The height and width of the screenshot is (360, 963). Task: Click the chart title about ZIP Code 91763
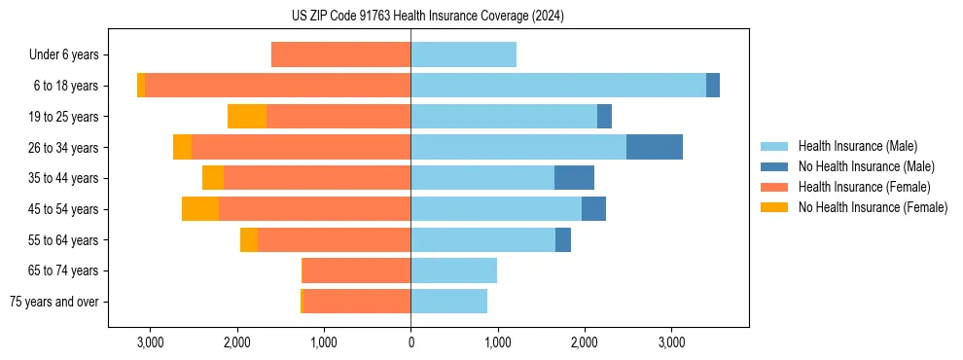pos(427,16)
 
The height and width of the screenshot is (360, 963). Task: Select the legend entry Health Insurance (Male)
pos(857,146)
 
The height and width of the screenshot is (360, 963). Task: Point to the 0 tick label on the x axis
pos(410,342)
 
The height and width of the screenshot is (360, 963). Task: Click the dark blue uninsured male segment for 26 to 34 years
pos(655,147)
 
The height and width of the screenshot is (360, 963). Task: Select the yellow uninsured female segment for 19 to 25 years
pos(247,117)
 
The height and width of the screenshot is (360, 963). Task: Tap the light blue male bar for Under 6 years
pos(463,54)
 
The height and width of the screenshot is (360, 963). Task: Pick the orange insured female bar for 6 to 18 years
pos(277,86)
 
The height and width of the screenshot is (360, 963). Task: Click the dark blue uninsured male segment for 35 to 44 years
pos(574,178)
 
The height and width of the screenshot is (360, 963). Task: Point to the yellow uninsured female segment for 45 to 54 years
pos(200,209)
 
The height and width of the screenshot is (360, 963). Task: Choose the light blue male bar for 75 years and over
pos(448,302)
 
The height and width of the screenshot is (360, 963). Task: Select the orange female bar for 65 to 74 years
pos(357,270)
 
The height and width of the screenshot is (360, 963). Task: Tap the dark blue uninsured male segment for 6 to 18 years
pos(713,86)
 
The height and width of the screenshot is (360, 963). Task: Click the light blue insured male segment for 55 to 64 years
pos(482,239)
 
